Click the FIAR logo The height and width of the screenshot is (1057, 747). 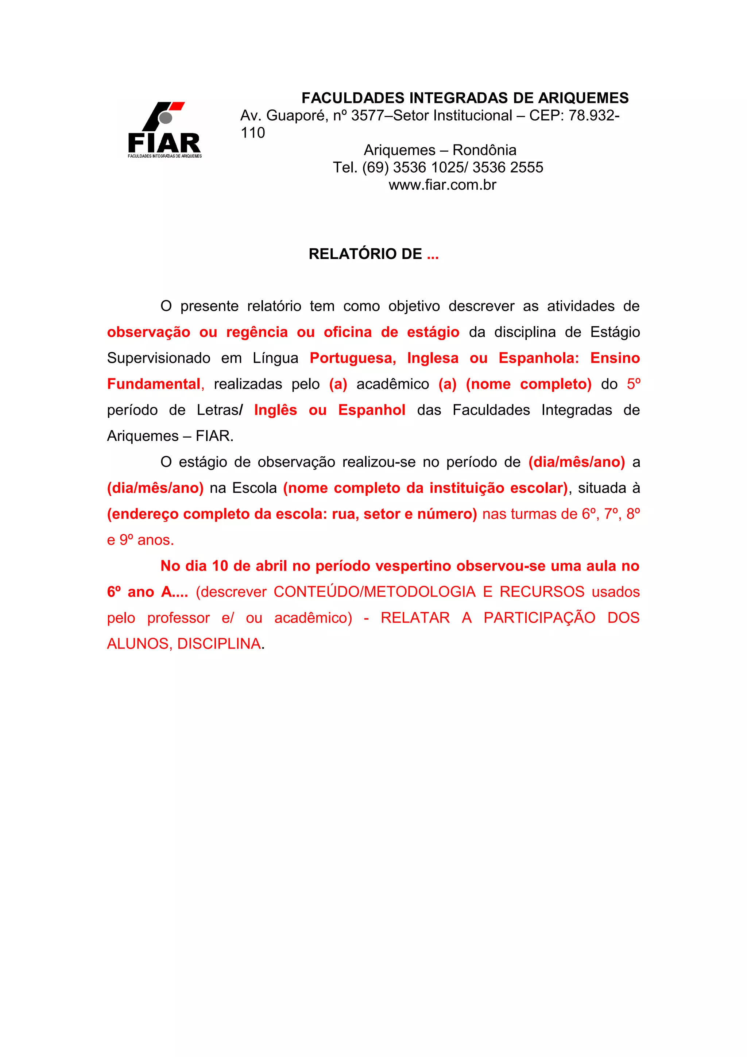click(164, 130)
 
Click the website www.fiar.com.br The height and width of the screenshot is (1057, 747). click(442, 185)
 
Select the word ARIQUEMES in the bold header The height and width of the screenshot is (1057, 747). click(583, 98)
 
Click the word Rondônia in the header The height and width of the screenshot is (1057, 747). click(484, 150)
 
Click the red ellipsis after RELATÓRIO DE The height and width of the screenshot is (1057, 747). click(433, 255)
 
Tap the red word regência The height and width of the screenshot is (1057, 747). click(257, 332)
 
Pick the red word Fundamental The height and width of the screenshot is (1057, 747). click(154, 384)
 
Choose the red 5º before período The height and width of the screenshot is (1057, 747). click(633, 384)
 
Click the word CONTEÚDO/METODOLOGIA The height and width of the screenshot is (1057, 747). click(374, 592)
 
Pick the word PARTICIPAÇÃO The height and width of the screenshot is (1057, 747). click(539, 618)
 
